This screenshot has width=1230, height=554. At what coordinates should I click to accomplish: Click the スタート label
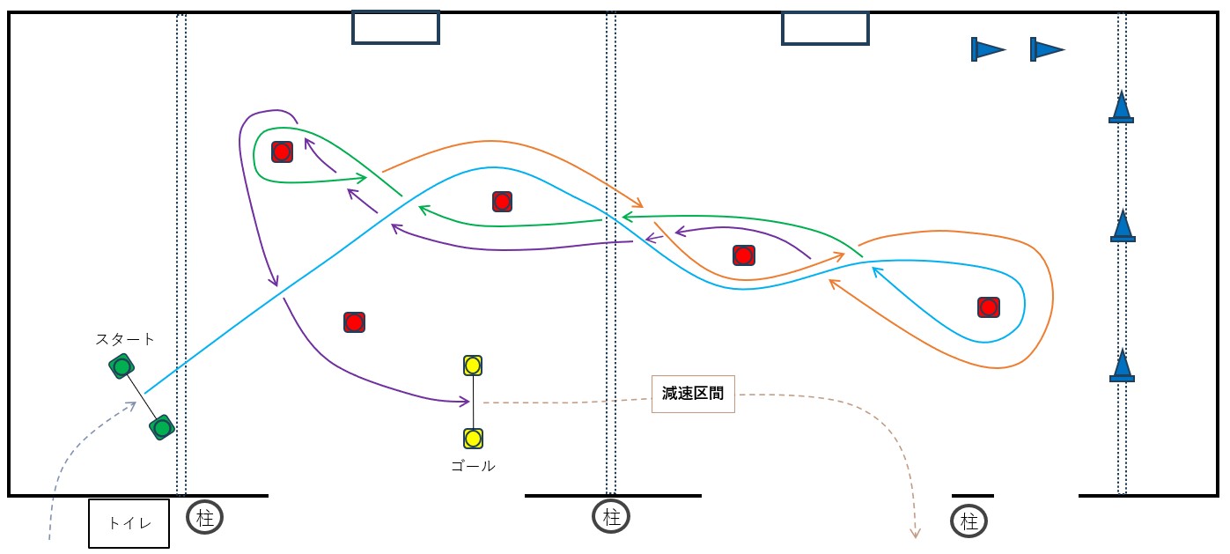(125, 339)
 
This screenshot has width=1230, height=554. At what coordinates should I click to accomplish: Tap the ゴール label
(473, 466)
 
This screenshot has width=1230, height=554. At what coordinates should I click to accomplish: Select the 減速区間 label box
(693, 394)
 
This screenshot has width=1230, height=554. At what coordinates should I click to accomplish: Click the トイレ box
(129, 523)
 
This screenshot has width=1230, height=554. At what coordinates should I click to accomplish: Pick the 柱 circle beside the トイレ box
(204, 518)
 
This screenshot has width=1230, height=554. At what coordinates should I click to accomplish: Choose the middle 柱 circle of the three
(611, 518)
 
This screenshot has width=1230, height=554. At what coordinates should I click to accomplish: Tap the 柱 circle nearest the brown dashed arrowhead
(969, 521)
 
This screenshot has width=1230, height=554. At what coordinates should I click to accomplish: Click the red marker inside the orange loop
(988, 307)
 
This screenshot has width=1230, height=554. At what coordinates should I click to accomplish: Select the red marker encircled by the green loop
(281, 151)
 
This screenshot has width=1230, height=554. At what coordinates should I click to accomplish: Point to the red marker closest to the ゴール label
(354, 321)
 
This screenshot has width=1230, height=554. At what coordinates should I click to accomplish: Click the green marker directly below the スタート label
(122, 366)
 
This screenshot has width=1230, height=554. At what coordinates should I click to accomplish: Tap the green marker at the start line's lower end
(161, 428)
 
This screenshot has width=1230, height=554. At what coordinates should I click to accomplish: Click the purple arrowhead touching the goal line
(465, 403)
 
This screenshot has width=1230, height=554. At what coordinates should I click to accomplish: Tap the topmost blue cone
(1121, 107)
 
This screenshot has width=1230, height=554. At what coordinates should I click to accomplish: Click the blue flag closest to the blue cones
(1046, 49)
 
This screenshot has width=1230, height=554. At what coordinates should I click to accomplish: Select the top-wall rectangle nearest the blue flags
(825, 27)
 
